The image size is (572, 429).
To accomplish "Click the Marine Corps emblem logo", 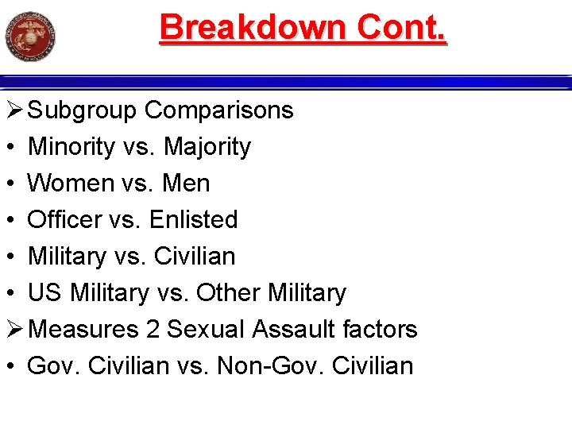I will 29,37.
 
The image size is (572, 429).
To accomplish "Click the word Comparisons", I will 218,110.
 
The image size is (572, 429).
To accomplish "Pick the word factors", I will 385,329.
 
